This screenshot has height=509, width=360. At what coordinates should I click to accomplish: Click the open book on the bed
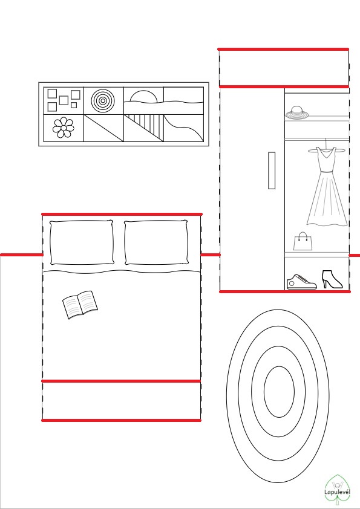(80, 305)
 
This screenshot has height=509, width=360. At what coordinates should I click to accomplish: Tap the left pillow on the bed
(82, 242)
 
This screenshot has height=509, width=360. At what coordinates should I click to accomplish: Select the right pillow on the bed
(156, 242)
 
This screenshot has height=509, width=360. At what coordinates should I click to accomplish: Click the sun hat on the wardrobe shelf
(297, 112)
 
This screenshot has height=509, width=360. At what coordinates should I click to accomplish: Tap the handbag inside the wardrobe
(303, 241)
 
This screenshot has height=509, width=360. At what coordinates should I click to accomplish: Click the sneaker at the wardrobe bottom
(301, 282)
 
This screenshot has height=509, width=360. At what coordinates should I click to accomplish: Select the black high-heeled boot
(332, 279)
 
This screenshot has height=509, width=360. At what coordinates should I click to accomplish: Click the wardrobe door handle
(272, 170)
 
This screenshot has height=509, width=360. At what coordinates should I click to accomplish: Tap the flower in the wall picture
(64, 128)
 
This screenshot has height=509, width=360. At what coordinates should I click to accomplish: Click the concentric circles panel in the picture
(103, 100)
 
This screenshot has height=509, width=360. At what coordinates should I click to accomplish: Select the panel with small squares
(64, 100)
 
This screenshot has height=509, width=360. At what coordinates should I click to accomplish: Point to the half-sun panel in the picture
(143, 100)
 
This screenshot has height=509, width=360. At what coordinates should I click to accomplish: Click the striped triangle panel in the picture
(143, 128)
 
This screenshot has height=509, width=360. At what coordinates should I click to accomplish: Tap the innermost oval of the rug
(279, 392)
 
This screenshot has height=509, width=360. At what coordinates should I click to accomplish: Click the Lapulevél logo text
(337, 491)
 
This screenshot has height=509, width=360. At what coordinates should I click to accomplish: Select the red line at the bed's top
(122, 214)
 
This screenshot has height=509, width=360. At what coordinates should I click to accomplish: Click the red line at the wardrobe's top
(283, 50)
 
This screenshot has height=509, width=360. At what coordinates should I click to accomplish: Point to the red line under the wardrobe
(285, 291)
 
